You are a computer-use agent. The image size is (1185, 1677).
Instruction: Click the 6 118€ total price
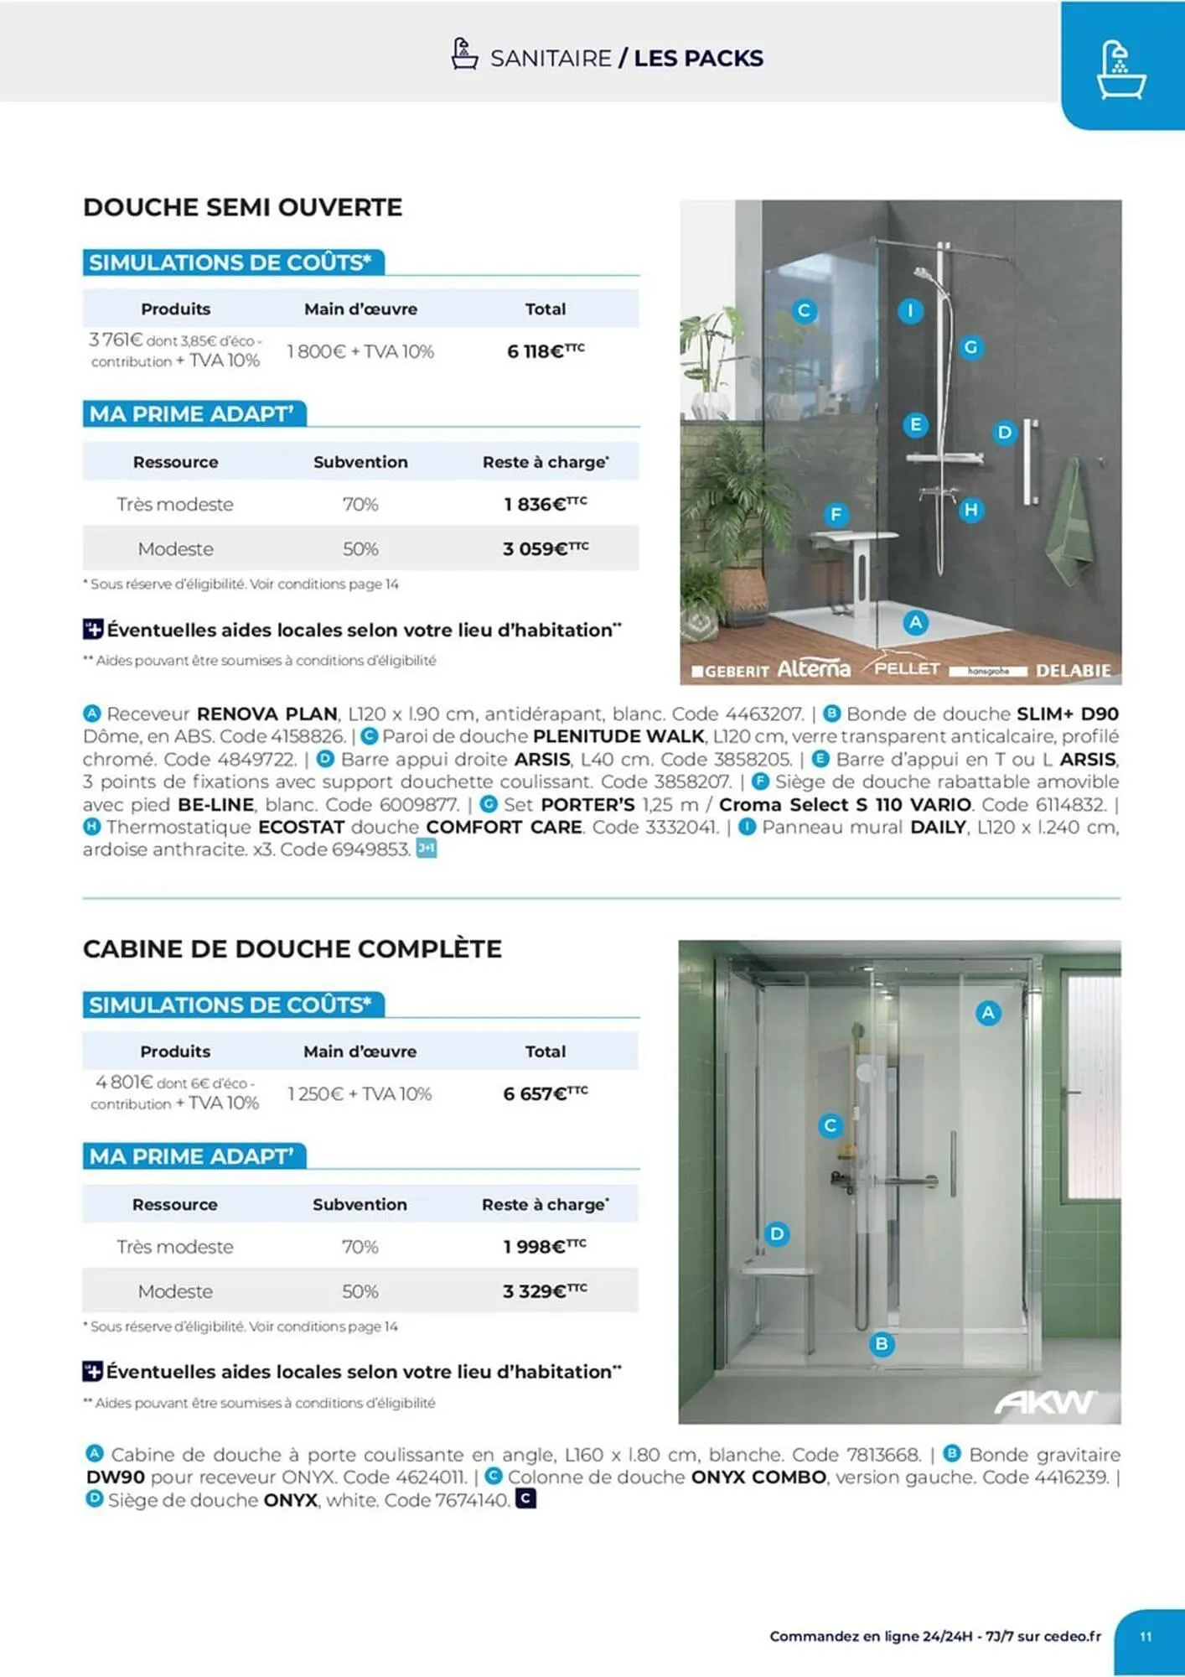[545, 351]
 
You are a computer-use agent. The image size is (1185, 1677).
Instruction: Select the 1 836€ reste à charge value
[545, 504]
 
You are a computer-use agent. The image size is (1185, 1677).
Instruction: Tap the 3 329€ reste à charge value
[545, 1291]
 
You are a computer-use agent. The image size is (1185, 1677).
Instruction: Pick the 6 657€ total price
[545, 1094]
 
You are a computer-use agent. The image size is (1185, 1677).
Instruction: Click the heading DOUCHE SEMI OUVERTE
[243, 207]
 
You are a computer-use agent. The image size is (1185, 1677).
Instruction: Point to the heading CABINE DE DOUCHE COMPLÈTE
[292, 949]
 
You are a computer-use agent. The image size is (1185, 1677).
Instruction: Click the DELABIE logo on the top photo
[1073, 671]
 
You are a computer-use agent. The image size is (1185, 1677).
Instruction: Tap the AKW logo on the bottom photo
[1045, 1402]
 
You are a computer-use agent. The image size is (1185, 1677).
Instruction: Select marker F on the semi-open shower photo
[836, 514]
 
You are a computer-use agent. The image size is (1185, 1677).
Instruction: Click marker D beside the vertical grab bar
[1004, 433]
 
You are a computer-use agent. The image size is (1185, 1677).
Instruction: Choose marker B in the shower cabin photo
[882, 1344]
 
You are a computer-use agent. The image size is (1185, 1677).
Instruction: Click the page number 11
[1146, 1636]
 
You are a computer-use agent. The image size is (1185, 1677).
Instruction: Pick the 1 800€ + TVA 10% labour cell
[360, 351]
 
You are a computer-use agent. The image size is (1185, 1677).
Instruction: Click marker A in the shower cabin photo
[988, 1013]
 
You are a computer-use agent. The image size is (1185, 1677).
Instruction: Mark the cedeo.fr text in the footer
[1072, 1636]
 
